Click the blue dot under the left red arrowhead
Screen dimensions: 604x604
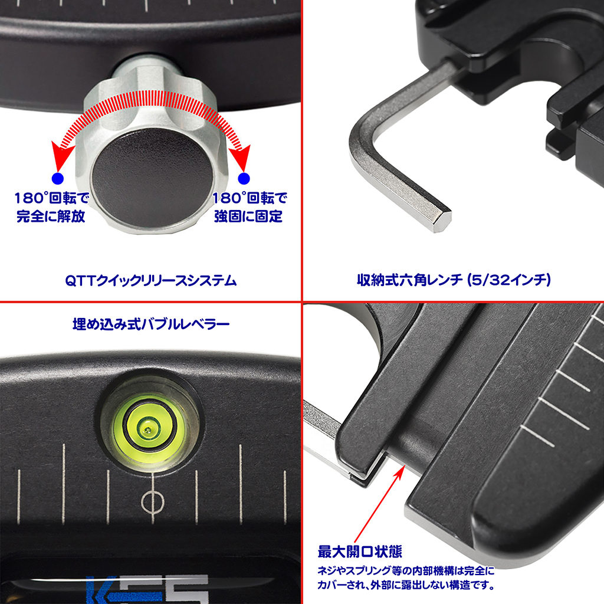point(58,178)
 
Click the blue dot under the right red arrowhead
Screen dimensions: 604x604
point(244,178)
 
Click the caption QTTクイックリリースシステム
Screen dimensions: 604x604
point(150,280)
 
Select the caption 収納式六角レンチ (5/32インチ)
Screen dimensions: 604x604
point(454,280)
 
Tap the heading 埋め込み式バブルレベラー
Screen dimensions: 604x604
point(151,324)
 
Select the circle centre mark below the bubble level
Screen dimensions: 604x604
point(153,502)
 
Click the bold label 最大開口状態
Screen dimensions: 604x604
point(360,552)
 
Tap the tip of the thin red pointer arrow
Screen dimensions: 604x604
point(404,466)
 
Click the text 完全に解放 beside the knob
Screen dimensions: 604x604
point(51,216)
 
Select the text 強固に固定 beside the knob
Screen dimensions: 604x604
point(248,216)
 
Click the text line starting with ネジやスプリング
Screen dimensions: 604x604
point(406,570)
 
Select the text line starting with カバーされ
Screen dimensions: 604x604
point(406,585)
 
